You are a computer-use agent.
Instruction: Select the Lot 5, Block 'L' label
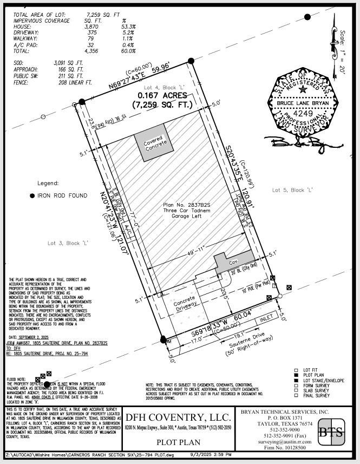(292, 190)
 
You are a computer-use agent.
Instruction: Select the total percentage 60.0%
(128, 51)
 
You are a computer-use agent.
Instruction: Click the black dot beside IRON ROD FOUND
(32, 195)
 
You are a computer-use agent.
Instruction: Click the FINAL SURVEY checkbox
(296, 396)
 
